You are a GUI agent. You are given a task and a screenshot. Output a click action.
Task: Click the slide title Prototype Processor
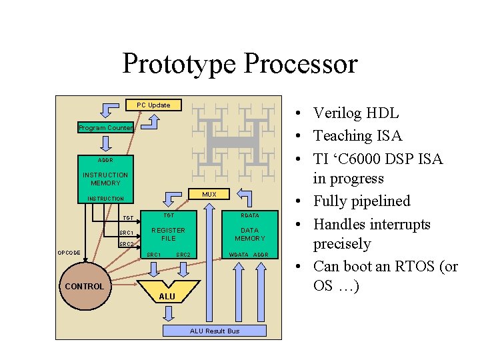[240, 64]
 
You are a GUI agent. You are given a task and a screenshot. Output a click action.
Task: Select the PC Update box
[153, 105]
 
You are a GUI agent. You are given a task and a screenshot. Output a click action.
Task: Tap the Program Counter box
[105, 127]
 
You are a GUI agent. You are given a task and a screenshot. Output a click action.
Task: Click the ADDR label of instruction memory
[105, 161]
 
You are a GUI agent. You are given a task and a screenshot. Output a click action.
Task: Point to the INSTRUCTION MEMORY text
[105, 179]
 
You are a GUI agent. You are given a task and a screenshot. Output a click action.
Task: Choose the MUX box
[209, 194]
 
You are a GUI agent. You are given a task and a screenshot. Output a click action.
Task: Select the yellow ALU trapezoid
[167, 293]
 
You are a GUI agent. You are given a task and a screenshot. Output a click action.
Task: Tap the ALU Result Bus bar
[214, 331]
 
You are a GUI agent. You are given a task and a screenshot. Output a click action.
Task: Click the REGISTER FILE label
[169, 234]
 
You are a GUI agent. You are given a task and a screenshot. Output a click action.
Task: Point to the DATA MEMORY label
[250, 234]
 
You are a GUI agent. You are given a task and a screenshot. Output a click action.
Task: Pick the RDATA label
[250, 215]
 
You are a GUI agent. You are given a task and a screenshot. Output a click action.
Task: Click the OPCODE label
[69, 253]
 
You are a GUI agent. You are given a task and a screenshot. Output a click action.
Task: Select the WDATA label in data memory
[239, 255]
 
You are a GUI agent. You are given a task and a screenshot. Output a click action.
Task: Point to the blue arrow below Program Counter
[105, 144]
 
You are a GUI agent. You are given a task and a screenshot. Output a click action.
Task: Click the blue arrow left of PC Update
[109, 109]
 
